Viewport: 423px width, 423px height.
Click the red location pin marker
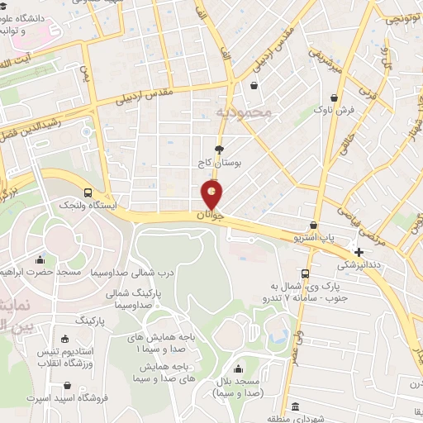pos(212,195)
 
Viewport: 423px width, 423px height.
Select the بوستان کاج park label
pos(219,164)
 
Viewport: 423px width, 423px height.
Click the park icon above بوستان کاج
pos(219,150)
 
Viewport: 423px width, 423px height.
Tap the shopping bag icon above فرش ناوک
pos(317,108)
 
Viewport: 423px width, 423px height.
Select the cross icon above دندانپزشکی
pos(358,252)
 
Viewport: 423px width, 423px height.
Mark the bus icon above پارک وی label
pos(306,273)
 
